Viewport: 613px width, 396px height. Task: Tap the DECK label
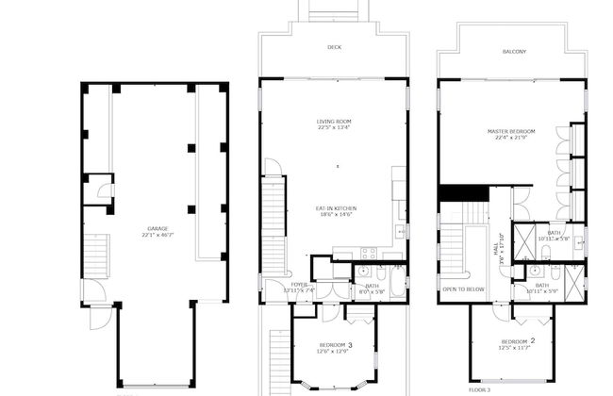(x=334, y=46)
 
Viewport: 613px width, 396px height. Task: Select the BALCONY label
(x=514, y=51)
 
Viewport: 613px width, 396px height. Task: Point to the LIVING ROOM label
(x=334, y=122)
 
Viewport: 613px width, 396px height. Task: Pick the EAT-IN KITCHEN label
(x=335, y=208)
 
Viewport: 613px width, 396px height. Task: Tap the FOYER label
(x=299, y=284)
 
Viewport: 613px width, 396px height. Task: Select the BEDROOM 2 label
(x=518, y=340)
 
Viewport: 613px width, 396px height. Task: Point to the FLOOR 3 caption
(x=480, y=388)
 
